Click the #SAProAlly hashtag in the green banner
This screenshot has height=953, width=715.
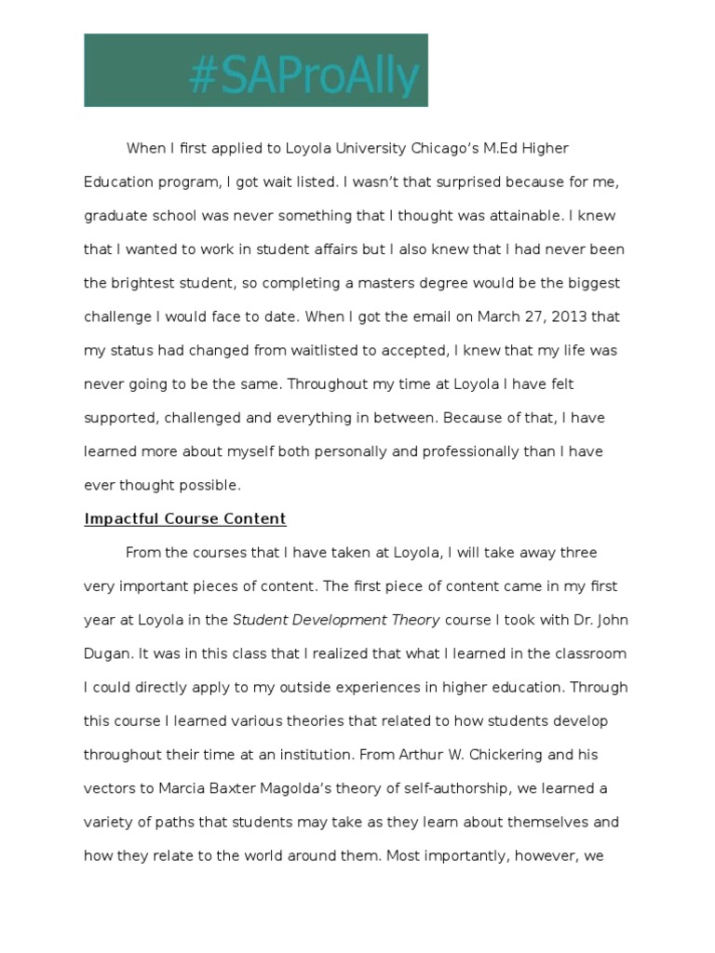(x=304, y=75)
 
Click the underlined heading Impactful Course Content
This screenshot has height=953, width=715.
(x=185, y=519)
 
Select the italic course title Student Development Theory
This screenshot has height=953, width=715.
(x=336, y=621)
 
